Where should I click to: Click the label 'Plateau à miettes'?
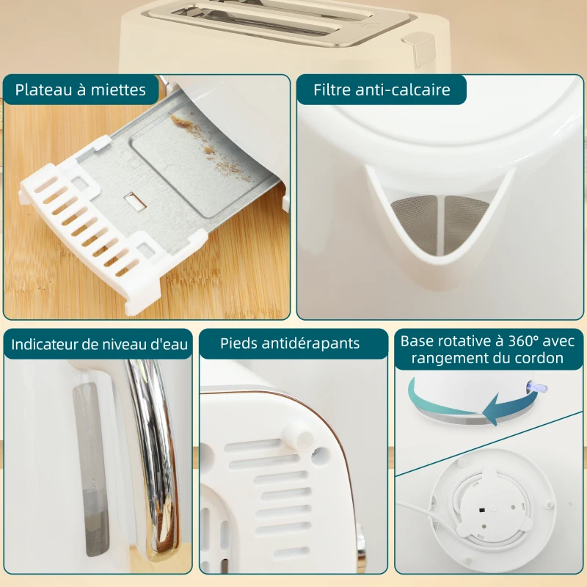(x=80, y=90)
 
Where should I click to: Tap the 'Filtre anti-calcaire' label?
(x=381, y=90)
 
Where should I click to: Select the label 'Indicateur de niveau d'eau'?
(x=100, y=344)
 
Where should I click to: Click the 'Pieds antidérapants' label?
(x=291, y=343)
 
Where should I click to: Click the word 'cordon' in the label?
(x=539, y=359)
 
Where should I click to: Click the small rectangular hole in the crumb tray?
(x=134, y=199)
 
